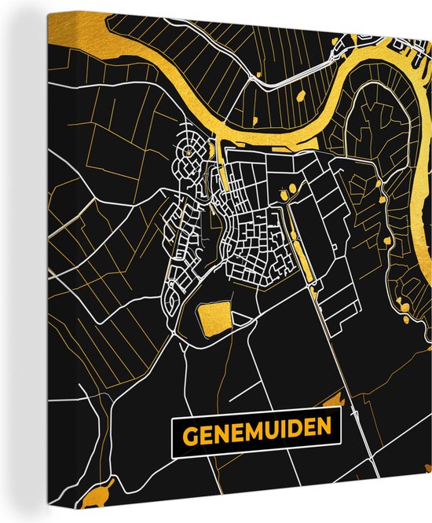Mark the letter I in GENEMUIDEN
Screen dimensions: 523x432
click(x=276, y=431)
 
